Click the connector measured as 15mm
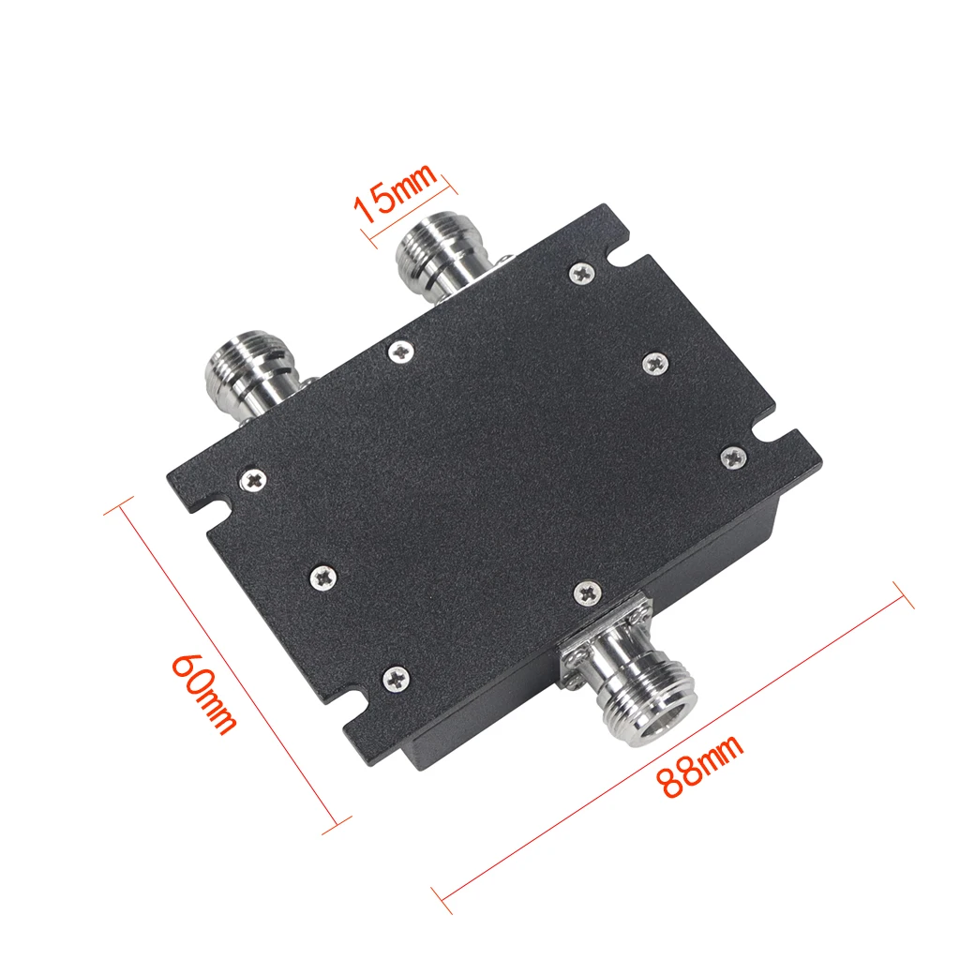point(435,257)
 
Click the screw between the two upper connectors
point(401,351)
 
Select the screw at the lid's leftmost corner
point(254,480)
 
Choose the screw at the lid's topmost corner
point(580,273)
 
